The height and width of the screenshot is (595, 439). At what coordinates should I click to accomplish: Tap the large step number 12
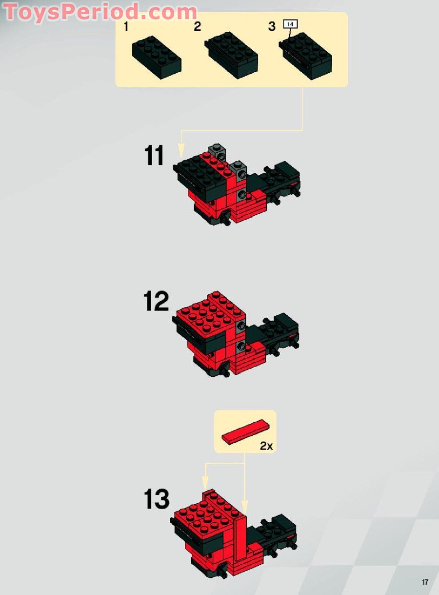click(x=156, y=302)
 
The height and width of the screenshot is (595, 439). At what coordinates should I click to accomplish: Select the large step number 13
click(x=157, y=499)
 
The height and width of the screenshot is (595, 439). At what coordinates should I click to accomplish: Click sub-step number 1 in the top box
click(x=126, y=27)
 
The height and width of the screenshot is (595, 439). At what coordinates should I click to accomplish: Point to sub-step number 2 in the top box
click(x=198, y=26)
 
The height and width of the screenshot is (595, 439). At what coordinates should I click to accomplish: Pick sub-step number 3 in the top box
click(x=272, y=26)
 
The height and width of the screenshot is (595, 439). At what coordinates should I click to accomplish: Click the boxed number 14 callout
click(x=290, y=24)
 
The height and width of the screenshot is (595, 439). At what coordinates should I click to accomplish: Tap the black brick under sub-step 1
click(x=157, y=58)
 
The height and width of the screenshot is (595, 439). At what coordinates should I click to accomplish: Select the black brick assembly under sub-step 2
click(x=231, y=55)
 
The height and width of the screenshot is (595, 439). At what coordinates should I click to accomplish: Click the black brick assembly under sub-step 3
click(x=305, y=56)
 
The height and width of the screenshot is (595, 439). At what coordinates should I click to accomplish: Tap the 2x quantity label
click(x=266, y=446)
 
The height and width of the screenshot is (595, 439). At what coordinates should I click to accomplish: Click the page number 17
click(x=425, y=580)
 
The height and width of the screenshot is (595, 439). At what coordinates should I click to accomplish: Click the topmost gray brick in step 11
click(x=218, y=152)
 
